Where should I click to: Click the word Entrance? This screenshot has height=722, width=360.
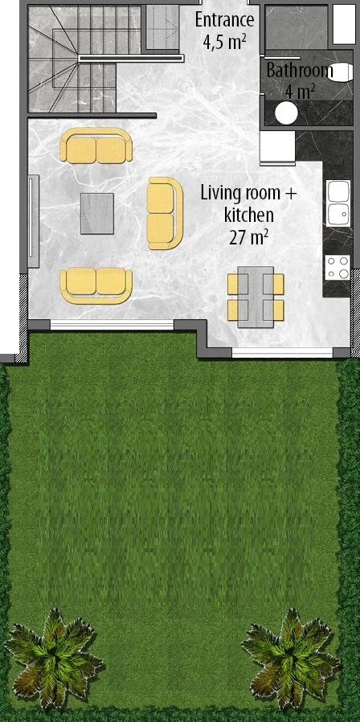point(224,20)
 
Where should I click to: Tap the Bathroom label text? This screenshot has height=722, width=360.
point(300,71)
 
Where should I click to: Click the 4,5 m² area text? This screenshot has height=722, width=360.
point(224,41)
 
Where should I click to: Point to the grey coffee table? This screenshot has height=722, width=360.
point(97,213)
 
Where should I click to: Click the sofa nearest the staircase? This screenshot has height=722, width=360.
point(96,146)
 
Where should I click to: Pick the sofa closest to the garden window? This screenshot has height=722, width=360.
point(96,286)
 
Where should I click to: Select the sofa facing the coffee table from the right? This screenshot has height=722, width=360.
point(165,213)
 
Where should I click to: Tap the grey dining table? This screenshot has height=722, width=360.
point(256,297)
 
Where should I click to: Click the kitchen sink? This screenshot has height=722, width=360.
point(338,203)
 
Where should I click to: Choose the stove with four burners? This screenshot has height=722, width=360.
point(338,268)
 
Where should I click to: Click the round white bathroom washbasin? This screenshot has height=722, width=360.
point(286,112)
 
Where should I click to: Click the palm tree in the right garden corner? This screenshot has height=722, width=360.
point(291,658)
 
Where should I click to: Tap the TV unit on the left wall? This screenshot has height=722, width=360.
point(33,221)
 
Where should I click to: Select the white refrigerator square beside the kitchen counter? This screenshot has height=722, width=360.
point(277,147)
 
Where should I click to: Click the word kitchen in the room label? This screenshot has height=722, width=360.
point(248,215)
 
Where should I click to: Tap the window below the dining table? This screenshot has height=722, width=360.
point(282,353)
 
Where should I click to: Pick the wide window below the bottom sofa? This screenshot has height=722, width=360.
point(112,325)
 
